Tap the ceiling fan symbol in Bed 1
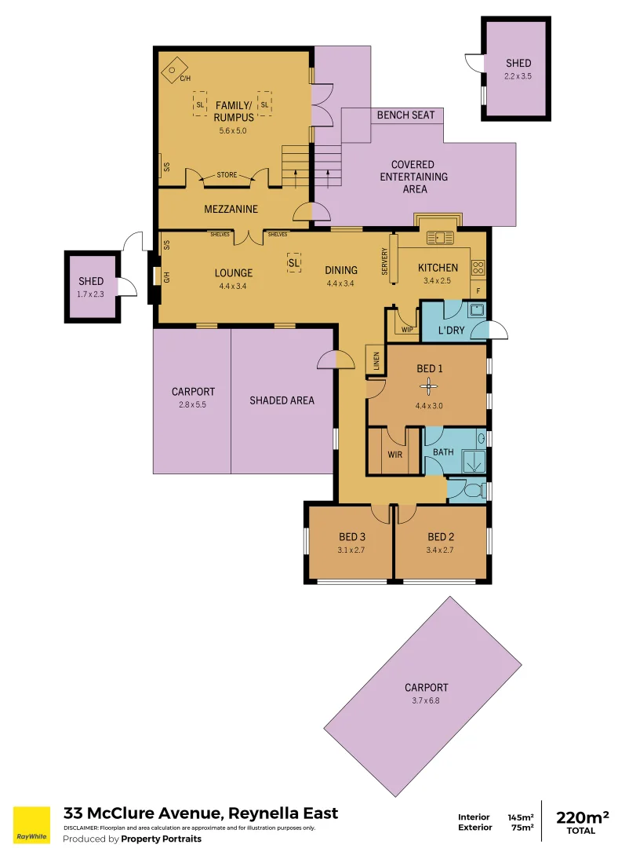428,385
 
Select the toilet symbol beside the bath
471,490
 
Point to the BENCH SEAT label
405,115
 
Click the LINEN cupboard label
376,360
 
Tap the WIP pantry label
406,329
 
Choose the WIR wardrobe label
395,454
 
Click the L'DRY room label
451,331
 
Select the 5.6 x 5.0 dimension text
233,131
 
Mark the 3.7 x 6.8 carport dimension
426,700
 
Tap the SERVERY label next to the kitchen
385,261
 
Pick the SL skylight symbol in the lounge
294,264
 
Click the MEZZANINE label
231,209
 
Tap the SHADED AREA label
282,400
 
